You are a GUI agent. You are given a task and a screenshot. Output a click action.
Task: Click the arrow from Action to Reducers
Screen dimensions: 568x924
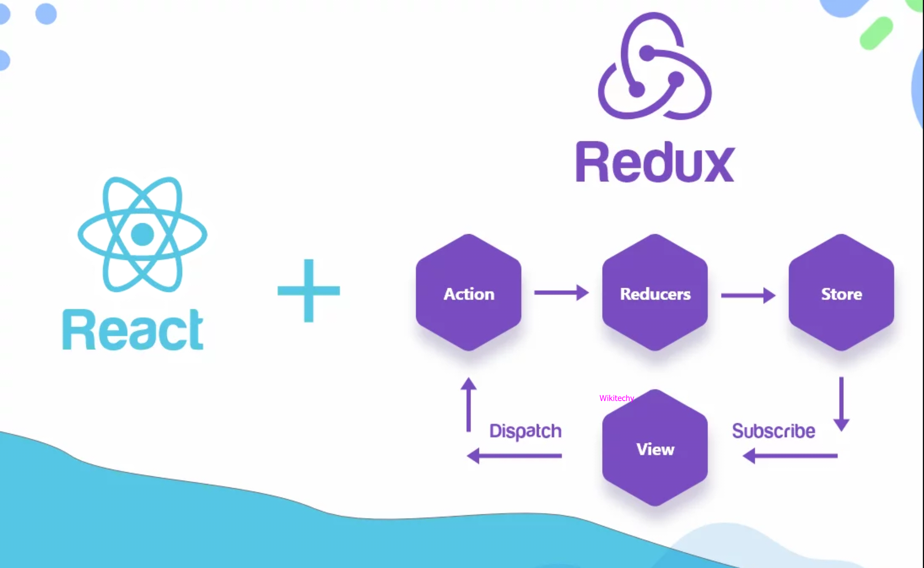pyautogui.click(x=561, y=292)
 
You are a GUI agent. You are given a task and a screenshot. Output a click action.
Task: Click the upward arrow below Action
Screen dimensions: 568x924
pyautogui.click(x=468, y=405)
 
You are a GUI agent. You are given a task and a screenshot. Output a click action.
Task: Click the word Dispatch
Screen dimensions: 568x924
pyautogui.click(x=525, y=431)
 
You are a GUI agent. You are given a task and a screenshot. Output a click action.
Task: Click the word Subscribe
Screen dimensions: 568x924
pyautogui.click(x=773, y=431)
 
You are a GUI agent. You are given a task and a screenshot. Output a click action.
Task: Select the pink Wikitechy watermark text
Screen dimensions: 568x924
pyautogui.click(x=616, y=398)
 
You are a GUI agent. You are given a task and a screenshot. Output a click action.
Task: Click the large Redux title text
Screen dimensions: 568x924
pyautogui.click(x=655, y=163)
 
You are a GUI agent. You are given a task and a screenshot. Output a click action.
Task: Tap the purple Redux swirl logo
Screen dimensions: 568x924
pyautogui.click(x=655, y=67)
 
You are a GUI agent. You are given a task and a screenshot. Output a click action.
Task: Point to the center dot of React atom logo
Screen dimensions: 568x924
pyautogui.click(x=142, y=234)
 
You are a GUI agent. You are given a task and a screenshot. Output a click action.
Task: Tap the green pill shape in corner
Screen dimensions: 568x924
pyautogui.click(x=876, y=33)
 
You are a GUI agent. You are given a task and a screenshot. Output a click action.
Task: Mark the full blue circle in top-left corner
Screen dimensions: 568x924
pyautogui.click(x=46, y=14)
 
